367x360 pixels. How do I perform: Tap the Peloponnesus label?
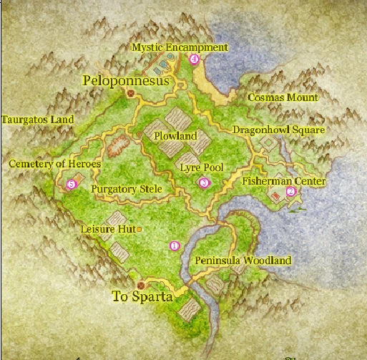coord(126,81)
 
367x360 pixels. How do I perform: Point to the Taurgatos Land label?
coord(38,120)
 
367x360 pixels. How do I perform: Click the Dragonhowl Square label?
coord(278,130)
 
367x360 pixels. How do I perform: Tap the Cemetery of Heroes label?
coord(54,164)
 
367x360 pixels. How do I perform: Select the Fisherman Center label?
coord(283,182)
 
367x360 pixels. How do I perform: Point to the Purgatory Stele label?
coord(127,189)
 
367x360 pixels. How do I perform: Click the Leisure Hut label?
coord(107,229)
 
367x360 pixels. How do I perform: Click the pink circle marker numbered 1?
coord(174,245)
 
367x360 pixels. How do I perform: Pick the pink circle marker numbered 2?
coord(290,192)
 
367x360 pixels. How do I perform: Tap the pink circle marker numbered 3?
coord(205,183)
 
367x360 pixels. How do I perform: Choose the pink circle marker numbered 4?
coord(194,59)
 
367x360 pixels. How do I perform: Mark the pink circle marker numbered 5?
coord(70,185)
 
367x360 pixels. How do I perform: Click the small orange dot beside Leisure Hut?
coord(139,229)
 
